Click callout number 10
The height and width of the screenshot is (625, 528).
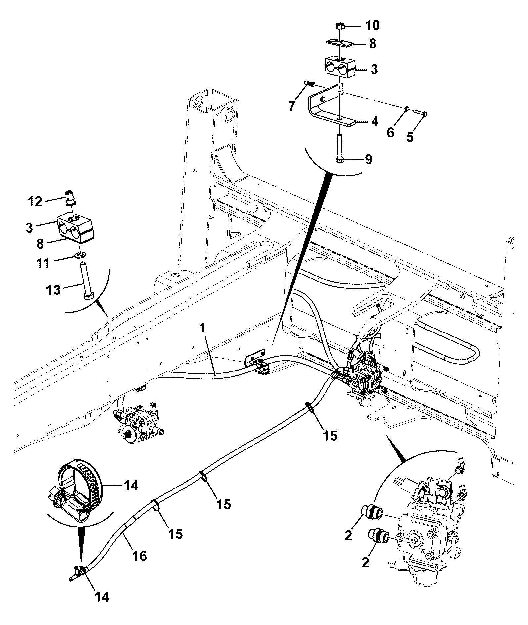point(372,25)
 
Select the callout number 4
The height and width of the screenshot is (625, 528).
point(374,122)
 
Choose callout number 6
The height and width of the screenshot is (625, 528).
point(391,133)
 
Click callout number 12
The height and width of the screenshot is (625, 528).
point(35,201)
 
